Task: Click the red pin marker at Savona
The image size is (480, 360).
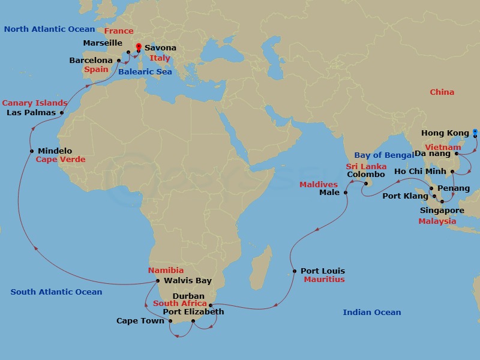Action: point(139,47)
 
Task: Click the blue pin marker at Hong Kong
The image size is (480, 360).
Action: point(475,132)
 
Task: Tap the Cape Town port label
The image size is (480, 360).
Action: point(140,321)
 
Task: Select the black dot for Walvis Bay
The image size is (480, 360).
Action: point(157,281)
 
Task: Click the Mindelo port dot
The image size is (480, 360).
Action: point(32,151)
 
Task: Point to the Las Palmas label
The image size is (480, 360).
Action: point(31,112)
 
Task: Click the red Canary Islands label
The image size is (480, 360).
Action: point(35,103)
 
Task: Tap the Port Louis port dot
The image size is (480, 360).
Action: point(294,271)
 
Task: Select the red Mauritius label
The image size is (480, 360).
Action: point(324,280)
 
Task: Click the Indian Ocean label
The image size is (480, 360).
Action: point(371,312)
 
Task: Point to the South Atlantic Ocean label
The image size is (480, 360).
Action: point(56,292)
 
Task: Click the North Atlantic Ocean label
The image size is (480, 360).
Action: point(49,29)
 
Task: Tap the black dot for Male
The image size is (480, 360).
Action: point(346,193)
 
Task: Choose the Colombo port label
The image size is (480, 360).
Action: point(365,175)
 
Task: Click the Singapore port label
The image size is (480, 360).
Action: point(442,211)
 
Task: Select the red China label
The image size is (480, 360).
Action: point(442,92)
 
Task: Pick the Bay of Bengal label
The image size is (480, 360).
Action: point(384,155)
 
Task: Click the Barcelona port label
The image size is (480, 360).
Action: point(91,61)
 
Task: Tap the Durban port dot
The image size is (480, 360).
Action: point(211,305)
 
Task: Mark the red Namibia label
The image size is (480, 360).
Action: point(166,271)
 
